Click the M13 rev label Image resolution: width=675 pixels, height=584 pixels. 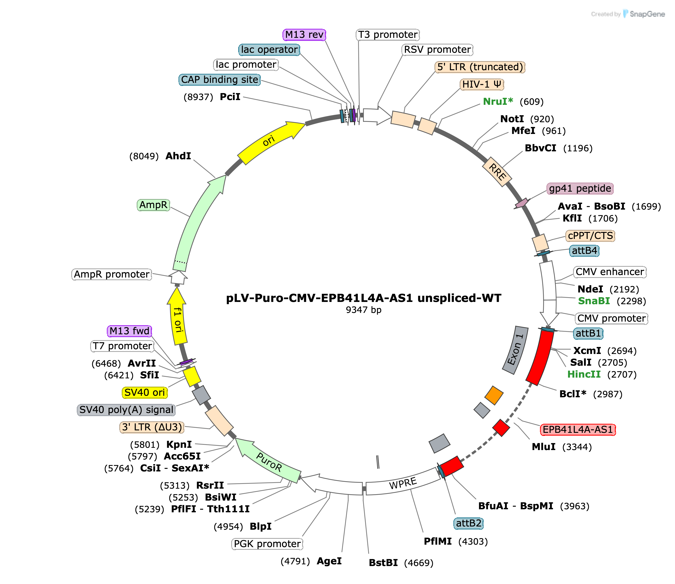click(304, 35)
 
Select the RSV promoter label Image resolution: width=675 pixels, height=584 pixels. click(437, 50)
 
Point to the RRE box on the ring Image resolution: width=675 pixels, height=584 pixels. click(497, 172)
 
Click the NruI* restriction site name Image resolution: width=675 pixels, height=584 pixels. click(498, 102)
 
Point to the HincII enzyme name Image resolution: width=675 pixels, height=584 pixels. click(584, 374)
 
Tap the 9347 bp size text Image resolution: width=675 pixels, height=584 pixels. click(364, 310)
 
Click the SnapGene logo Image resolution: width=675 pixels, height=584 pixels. click(628, 14)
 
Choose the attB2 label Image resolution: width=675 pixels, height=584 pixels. click(469, 523)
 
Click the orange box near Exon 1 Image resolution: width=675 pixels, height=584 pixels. click(494, 395)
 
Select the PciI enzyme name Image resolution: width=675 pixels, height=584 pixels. click(230, 97)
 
